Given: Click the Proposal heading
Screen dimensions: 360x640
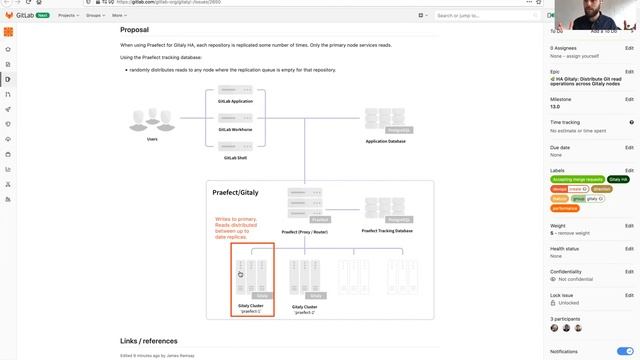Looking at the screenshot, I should point(134,30).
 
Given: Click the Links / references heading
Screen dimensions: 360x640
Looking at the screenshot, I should point(149,341).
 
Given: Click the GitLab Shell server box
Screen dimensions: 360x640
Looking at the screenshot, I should point(236,149).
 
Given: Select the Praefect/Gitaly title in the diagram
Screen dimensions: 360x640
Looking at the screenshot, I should point(235,191).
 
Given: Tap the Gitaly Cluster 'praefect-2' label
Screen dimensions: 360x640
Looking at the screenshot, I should point(304,309).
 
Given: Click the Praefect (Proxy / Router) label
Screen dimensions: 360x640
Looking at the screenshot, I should point(304,231).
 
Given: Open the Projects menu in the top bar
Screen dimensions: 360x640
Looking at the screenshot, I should point(69,16).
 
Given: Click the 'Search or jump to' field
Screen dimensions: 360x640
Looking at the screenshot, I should point(470,16).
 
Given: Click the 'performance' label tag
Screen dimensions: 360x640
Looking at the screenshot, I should point(565,208).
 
